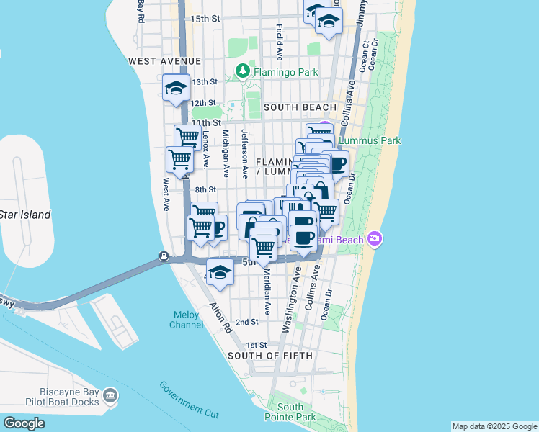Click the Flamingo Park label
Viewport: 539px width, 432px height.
click(x=283, y=71)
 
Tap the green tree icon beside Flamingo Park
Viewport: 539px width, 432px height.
click(x=243, y=71)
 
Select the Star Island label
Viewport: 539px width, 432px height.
click(x=25, y=215)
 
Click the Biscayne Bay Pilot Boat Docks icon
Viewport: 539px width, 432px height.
click(x=110, y=395)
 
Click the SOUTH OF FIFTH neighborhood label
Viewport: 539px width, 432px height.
click(x=270, y=356)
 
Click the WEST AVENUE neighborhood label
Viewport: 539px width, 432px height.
click(x=159, y=62)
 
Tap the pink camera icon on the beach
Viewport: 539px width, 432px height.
click(x=374, y=238)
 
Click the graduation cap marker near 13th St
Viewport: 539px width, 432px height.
click(x=176, y=89)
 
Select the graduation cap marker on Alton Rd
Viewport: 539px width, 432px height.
click(x=220, y=273)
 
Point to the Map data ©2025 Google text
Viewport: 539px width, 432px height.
click(x=495, y=426)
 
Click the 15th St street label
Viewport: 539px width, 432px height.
click(x=205, y=18)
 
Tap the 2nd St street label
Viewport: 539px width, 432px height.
click(x=247, y=322)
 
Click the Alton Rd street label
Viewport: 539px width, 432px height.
click(x=219, y=316)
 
